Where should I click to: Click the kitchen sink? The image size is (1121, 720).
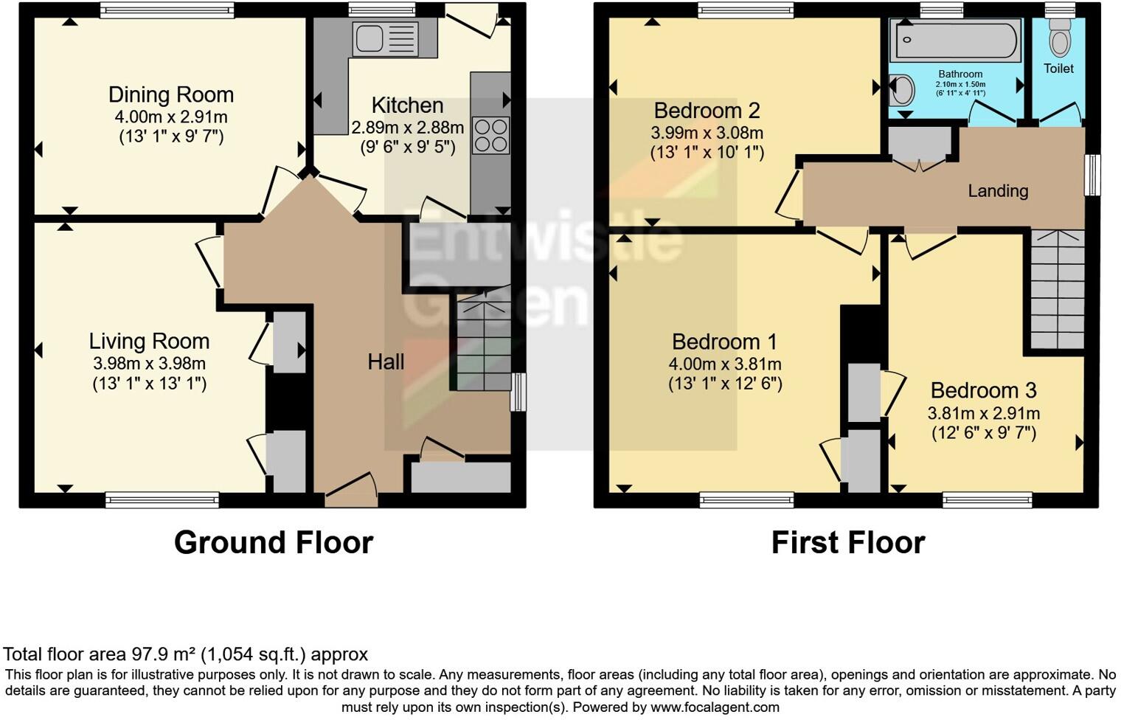click(x=385, y=38)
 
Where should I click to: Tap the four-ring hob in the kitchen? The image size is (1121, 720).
click(x=490, y=136)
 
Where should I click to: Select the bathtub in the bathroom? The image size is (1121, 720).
click(x=956, y=41)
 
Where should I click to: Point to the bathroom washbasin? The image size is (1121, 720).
click(x=902, y=90)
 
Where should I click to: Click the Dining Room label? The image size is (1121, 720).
click(x=171, y=94)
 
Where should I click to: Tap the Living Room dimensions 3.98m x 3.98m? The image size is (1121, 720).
click(x=149, y=364)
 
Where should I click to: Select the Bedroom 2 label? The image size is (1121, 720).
click(x=707, y=111)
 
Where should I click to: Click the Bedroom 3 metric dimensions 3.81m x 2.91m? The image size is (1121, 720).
click(x=984, y=413)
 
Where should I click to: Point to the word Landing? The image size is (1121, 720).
click(x=998, y=191)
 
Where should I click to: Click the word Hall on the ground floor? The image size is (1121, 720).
click(x=386, y=361)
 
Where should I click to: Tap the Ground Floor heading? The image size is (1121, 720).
click(x=274, y=543)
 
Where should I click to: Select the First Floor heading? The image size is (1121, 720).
click(x=847, y=543)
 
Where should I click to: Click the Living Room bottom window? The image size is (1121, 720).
click(x=162, y=500)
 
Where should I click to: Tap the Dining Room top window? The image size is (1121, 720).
click(x=167, y=10)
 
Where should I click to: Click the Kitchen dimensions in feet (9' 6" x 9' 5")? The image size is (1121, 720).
click(x=407, y=147)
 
